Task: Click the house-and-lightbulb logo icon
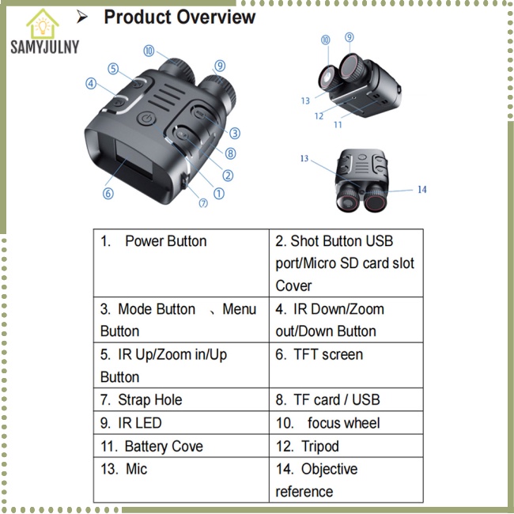click(43, 24)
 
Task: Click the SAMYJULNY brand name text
click(45, 47)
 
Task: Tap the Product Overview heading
click(180, 17)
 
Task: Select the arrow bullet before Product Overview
click(82, 17)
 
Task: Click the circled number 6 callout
click(108, 194)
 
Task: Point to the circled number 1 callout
click(219, 194)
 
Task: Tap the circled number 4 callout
click(91, 84)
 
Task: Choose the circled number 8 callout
click(230, 153)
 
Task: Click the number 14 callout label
click(422, 190)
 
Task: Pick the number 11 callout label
click(338, 125)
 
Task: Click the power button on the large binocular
click(146, 118)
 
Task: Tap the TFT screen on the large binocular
click(134, 158)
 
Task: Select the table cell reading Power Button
click(181, 263)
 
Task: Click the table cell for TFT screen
click(346, 365)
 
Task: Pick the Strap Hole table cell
click(181, 399)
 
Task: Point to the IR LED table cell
click(181, 423)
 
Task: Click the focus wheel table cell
click(346, 423)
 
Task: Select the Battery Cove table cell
click(181, 446)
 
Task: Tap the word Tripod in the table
click(320, 447)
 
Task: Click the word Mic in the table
click(136, 469)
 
